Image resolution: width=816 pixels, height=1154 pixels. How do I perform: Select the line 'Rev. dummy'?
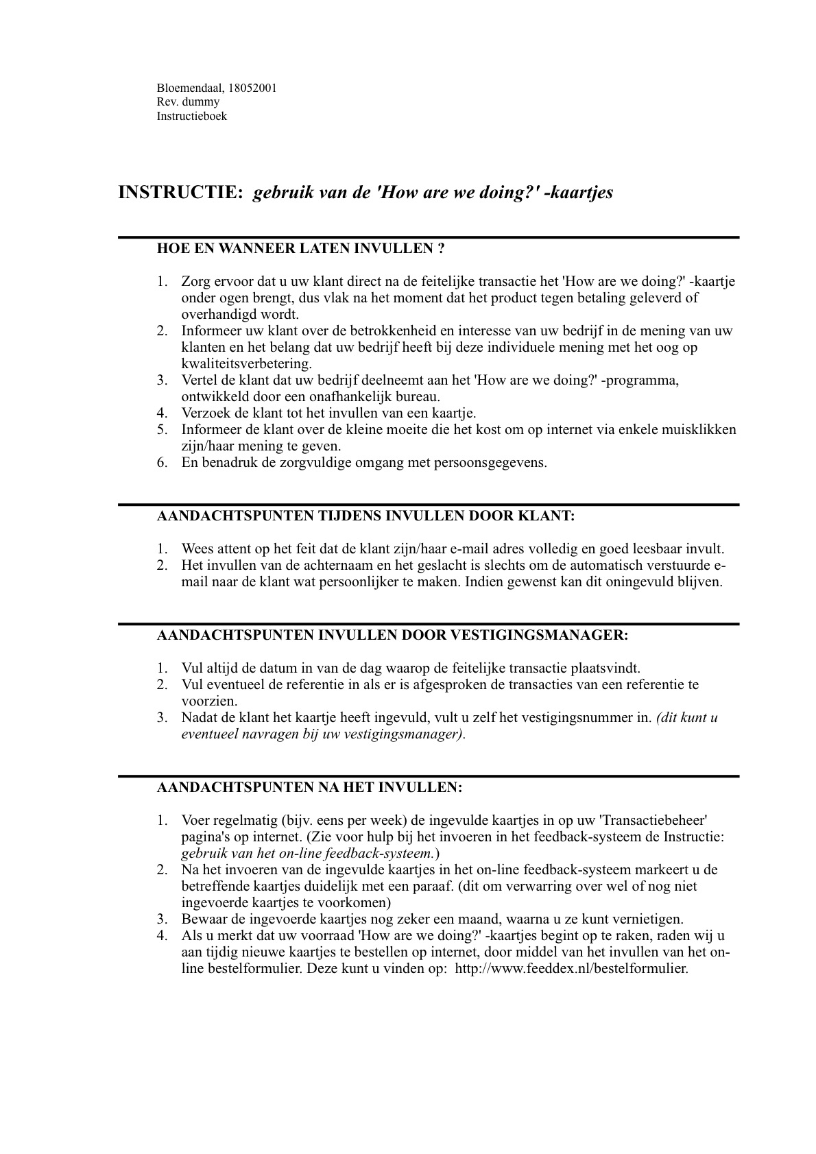(188, 102)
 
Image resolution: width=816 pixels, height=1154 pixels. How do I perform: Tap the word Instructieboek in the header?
(191, 116)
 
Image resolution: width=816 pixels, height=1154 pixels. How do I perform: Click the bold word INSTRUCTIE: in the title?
(181, 193)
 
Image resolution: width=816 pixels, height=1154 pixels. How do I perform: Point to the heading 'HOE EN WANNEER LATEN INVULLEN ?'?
(300, 248)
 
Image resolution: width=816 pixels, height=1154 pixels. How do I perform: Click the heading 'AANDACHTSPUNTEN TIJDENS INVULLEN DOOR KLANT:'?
(365, 516)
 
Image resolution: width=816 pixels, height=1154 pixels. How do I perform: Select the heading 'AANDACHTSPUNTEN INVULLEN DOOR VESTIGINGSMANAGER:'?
(392, 635)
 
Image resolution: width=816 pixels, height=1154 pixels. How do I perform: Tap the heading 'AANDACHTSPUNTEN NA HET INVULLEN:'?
(309, 787)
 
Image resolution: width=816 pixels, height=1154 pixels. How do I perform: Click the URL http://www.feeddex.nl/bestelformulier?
(571, 969)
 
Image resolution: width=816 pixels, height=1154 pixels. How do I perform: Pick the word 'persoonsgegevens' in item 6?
(489, 462)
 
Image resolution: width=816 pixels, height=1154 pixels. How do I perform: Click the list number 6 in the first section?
(162, 462)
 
